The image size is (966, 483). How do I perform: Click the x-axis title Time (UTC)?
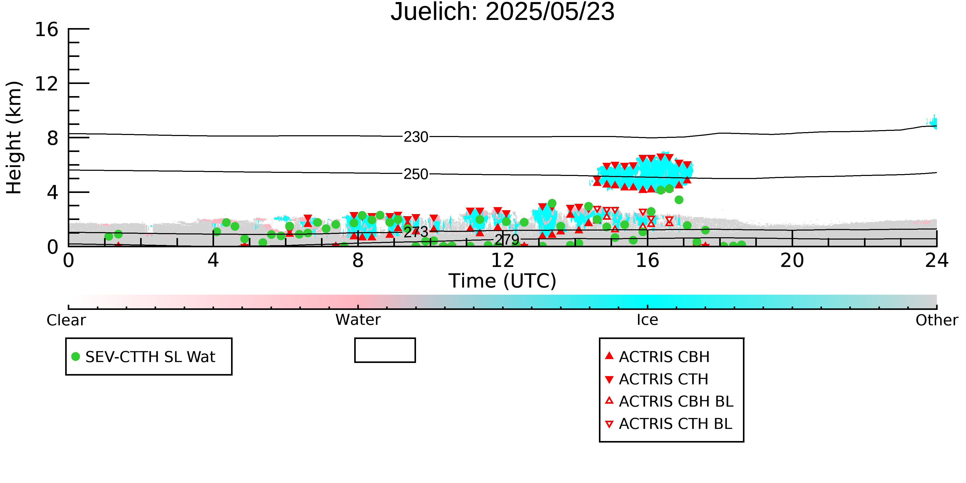[x=503, y=281]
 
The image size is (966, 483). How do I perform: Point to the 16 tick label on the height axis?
[x=47, y=29]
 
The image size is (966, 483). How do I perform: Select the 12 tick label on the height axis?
[x=47, y=84]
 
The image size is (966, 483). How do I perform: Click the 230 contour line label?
[x=416, y=137]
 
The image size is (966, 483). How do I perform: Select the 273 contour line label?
[x=416, y=232]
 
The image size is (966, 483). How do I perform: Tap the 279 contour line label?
[x=507, y=240]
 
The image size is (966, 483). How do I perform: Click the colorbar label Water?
[x=358, y=320]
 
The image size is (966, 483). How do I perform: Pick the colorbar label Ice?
[x=647, y=320]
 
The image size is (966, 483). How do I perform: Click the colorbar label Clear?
[x=66, y=320]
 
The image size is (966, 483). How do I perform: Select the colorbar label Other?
[x=937, y=320]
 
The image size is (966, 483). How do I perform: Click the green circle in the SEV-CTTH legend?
[x=76, y=357]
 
